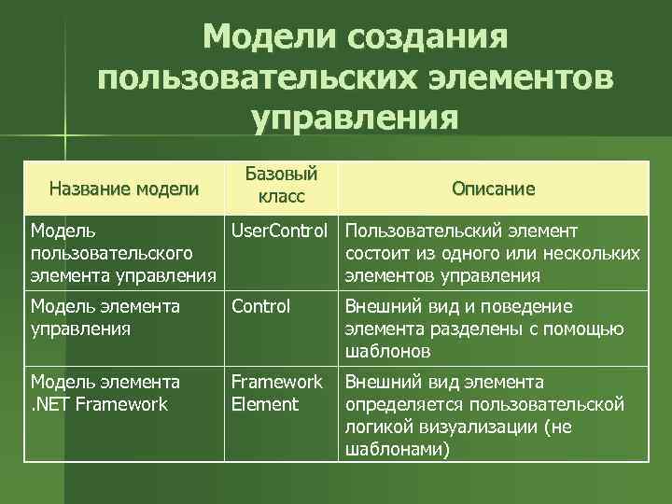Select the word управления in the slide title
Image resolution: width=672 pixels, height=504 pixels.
[356, 119]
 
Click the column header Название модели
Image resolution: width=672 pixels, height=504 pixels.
[124, 189]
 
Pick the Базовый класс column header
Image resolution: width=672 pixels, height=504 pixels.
[281, 185]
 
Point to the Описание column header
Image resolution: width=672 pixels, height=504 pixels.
[494, 189]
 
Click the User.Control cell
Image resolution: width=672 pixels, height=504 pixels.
[280, 231]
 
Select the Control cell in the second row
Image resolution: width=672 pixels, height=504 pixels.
[260, 306]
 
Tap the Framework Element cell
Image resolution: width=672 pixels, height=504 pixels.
[276, 393]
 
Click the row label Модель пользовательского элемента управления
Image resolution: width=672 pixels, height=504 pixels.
[121, 253]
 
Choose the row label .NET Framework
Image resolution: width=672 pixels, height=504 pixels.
[99, 404]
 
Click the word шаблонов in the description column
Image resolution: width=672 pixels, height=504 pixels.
[388, 351]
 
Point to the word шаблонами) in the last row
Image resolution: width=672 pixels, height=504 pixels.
[396, 449]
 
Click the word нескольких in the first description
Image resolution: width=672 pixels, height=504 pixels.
[593, 253]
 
